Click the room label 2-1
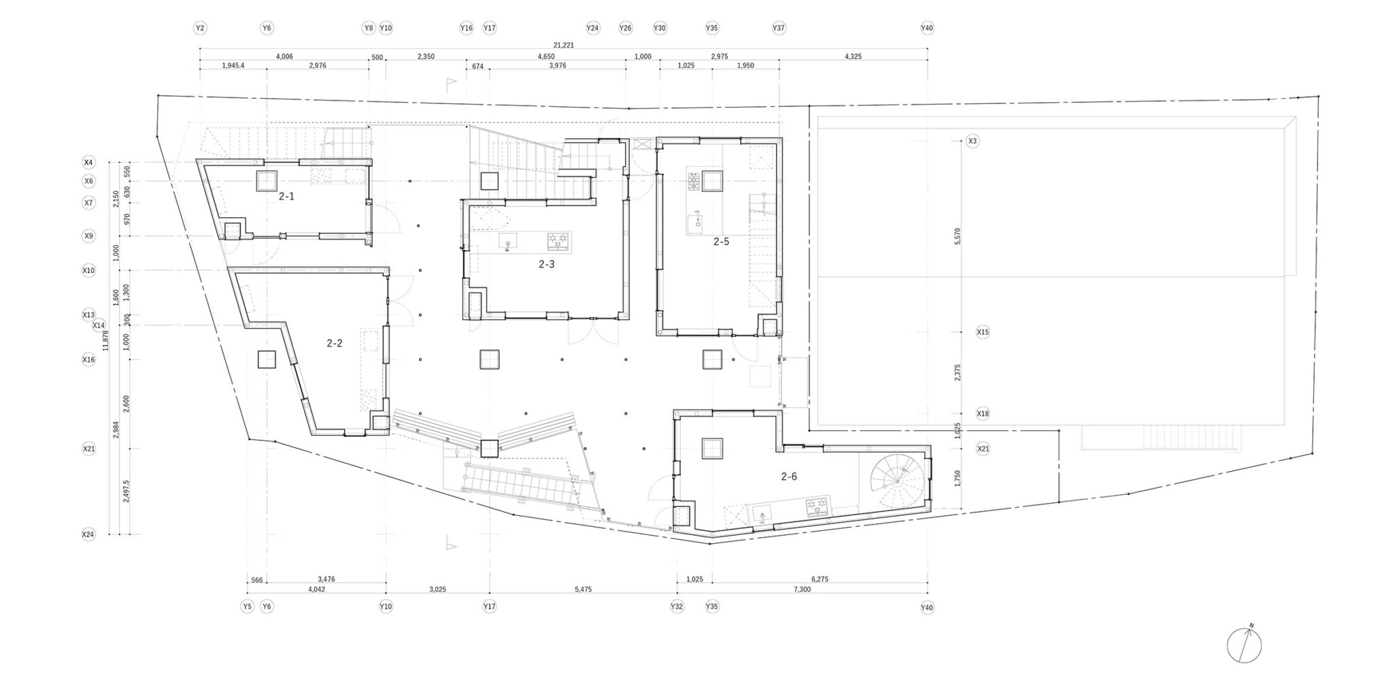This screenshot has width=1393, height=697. pos(286,196)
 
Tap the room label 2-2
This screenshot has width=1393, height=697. pos(334,343)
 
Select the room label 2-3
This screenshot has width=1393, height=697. pos(546,264)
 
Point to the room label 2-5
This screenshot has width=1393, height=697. pos(721,241)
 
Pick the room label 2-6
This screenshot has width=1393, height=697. pos(789,476)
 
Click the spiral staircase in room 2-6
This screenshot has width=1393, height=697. pos(897,480)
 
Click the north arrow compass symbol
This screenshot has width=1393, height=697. pos(1244,645)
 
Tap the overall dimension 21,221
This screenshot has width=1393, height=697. pos(563,45)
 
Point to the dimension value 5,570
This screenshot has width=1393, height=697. pos(958,236)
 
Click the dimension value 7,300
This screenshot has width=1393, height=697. pos(803,589)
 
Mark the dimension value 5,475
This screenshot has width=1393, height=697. pos(583,589)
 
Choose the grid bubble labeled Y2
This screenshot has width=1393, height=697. pos(199,28)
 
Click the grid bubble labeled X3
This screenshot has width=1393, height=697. pos(973,141)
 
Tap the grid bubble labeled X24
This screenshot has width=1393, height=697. pos(88,534)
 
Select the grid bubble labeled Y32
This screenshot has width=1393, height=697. pos(677,606)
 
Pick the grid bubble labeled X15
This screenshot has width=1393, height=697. pos(983,332)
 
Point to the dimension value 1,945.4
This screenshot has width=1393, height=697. pos(233,66)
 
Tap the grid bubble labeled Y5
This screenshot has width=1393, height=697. pos(247,606)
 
